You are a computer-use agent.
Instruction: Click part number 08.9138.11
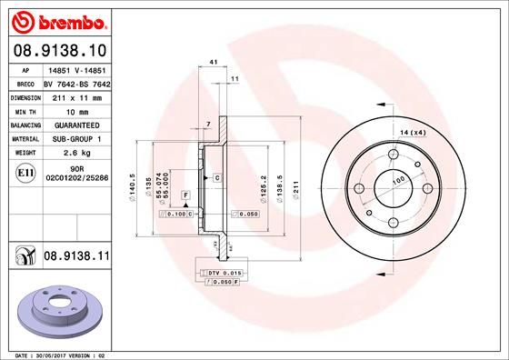[x=77, y=258]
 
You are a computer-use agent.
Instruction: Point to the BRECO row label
[x=25, y=83]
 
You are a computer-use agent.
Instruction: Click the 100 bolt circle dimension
[x=397, y=181]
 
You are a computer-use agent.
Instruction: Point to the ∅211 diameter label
[x=294, y=189]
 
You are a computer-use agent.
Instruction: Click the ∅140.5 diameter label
[x=134, y=187]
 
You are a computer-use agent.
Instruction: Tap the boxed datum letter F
[x=185, y=195]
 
